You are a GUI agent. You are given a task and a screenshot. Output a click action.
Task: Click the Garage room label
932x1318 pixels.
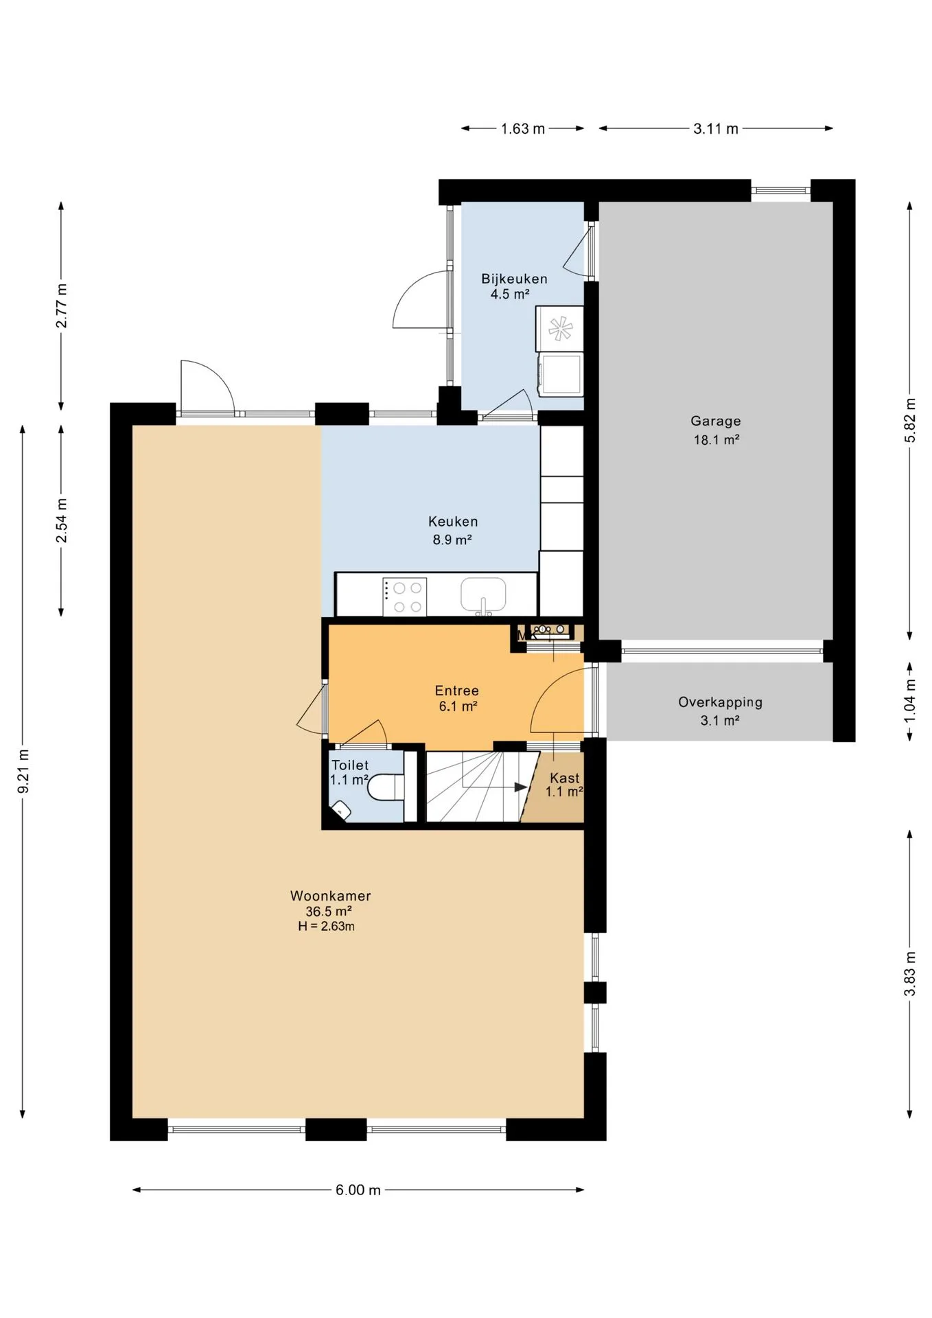point(715,421)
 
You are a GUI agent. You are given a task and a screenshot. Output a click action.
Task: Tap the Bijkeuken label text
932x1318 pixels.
point(514,279)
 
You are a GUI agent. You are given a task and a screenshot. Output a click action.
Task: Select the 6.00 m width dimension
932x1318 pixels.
point(358,1190)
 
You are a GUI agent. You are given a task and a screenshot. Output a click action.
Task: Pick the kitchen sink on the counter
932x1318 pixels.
point(483,594)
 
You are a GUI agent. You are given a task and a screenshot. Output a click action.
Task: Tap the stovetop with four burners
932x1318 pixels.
point(404,597)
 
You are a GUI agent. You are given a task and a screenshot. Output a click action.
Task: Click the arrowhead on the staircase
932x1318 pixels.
point(521,787)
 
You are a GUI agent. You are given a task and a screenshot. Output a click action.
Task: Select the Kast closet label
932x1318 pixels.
point(565,778)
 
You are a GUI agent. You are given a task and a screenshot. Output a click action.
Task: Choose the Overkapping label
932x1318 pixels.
point(720,702)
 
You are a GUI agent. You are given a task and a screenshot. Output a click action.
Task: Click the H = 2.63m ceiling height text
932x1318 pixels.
point(326,926)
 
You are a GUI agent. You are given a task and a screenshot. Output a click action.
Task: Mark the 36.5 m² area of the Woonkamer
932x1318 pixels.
point(329,911)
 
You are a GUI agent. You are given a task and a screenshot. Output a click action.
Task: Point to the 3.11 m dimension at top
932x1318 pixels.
point(716,128)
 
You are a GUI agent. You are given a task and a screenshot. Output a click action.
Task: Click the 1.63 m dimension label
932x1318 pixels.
point(522,128)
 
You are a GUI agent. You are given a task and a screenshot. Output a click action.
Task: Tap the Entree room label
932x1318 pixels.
point(456,691)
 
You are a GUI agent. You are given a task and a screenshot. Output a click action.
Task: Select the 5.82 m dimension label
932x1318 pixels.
point(910,420)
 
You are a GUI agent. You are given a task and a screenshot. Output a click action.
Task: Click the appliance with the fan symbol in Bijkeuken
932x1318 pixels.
point(559,328)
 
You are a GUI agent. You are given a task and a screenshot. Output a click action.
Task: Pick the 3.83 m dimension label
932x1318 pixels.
point(910,974)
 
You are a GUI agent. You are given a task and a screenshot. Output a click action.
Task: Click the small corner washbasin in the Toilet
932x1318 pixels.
point(341,811)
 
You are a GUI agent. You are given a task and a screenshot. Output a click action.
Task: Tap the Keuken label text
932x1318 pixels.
point(453,522)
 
